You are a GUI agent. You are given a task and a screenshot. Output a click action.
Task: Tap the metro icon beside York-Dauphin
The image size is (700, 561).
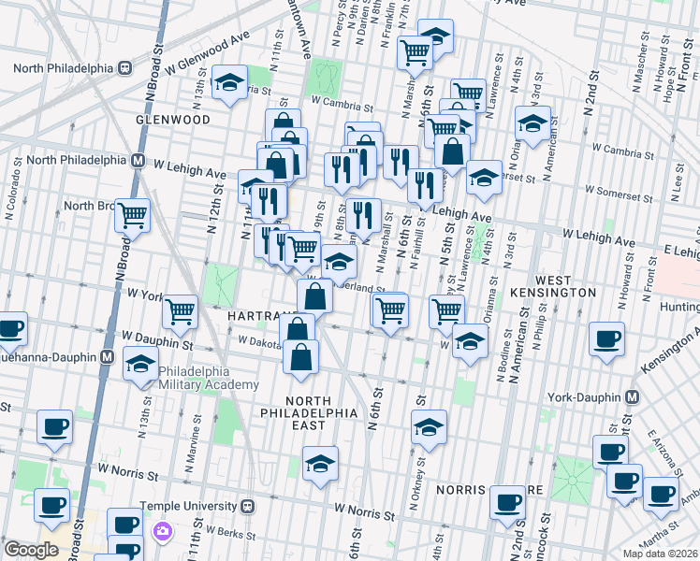(633, 396)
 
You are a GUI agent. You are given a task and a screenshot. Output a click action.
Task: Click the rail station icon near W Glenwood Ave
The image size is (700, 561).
(123, 67)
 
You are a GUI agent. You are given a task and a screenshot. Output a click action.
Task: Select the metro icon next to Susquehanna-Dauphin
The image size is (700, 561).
(109, 356)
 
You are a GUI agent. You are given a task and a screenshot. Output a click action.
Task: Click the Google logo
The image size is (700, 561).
(31, 550)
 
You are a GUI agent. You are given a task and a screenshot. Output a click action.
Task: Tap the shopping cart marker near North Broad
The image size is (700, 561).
(133, 214)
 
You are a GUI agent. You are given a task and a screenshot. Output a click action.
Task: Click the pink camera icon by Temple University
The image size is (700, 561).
(162, 531)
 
